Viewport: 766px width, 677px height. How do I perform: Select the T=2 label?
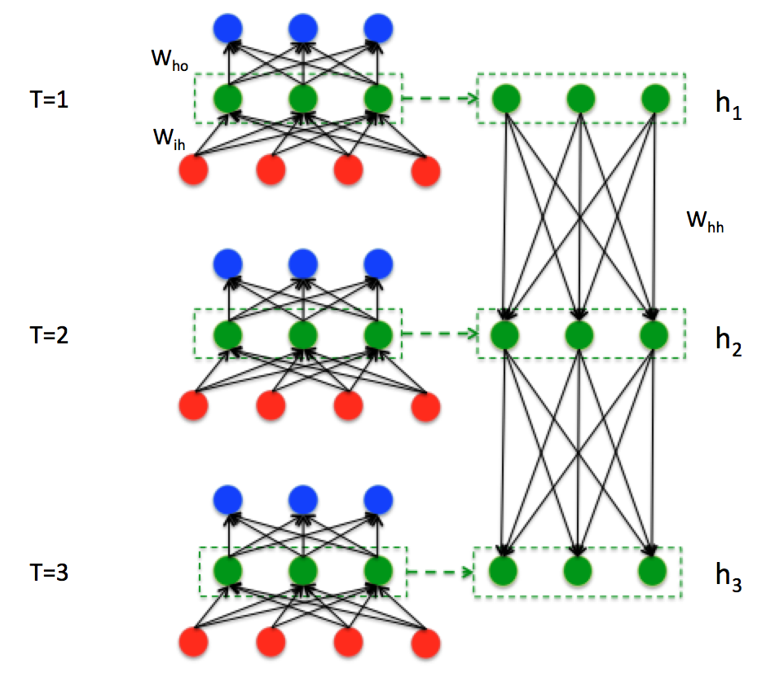[48, 335]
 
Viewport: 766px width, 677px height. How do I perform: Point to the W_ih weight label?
[170, 135]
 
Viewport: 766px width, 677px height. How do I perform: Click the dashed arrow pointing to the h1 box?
[441, 100]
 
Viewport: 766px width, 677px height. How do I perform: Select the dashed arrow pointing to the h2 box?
[441, 333]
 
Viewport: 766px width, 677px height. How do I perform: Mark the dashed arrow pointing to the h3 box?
[441, 571]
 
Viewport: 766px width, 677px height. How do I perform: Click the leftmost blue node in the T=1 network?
[228, 29]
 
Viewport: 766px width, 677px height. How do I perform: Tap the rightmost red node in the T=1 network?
[425, 170]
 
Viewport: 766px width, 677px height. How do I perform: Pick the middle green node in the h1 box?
[579, 99]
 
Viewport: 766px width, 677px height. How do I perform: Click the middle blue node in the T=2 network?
[303, 263]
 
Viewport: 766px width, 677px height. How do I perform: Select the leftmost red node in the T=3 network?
[194, 639]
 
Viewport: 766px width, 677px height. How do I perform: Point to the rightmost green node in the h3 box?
[654, 569]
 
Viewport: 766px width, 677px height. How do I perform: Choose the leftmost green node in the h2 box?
[504, 333]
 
